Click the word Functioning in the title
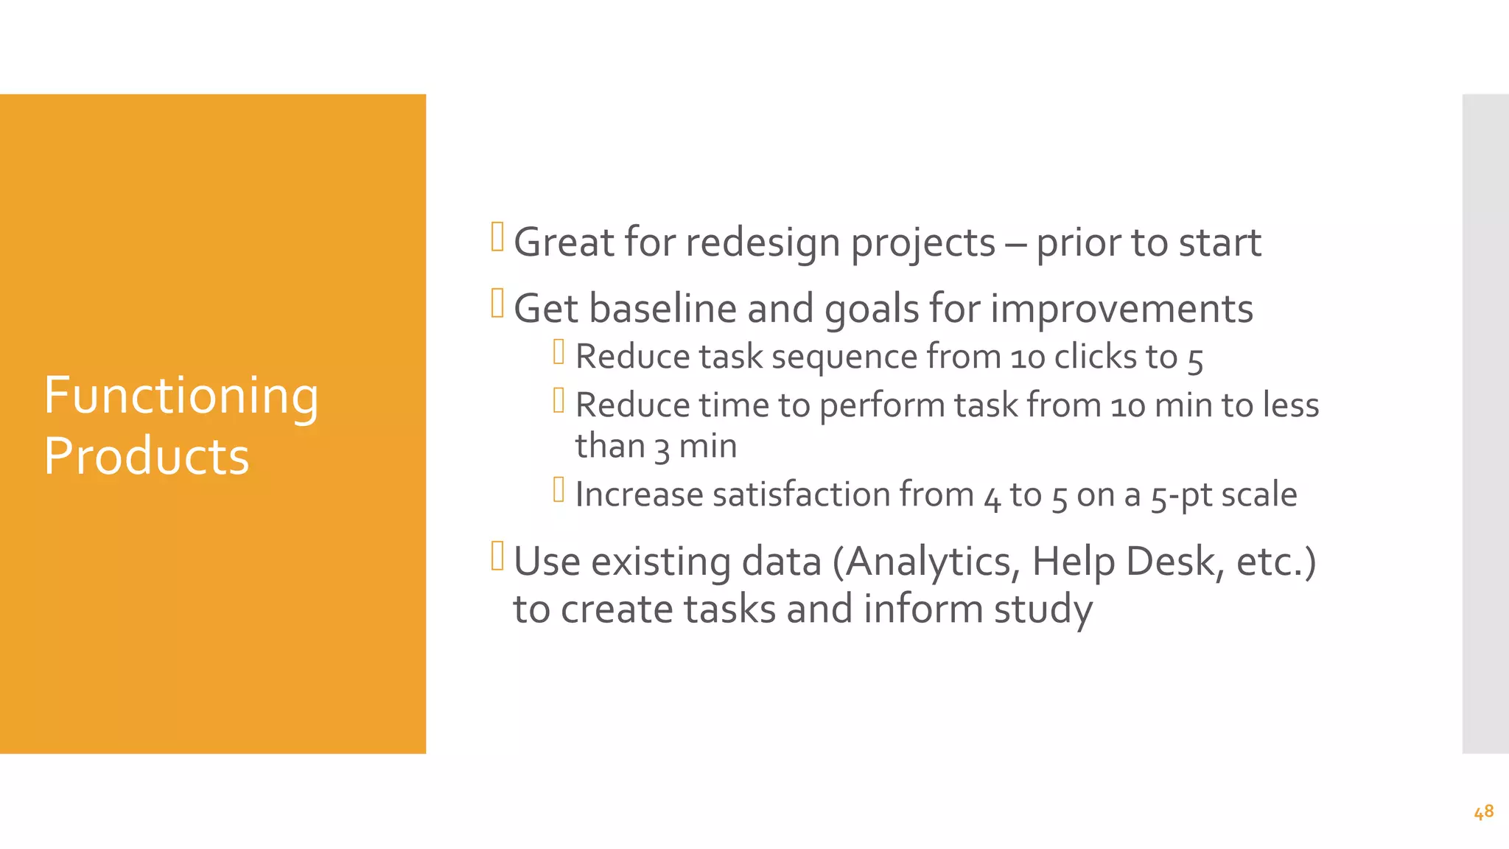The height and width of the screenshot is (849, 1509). [181, 396]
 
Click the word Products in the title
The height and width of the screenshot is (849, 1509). [146, 456]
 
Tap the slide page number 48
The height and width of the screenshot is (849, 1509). [1483, 812]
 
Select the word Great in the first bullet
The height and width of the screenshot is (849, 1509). [563, 242]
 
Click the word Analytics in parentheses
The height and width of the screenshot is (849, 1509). [931, 562]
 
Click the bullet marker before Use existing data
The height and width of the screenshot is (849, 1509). [497, 556]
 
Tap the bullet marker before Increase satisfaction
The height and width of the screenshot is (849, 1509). [559, 489]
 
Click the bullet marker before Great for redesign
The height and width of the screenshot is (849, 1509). [497, 237]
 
